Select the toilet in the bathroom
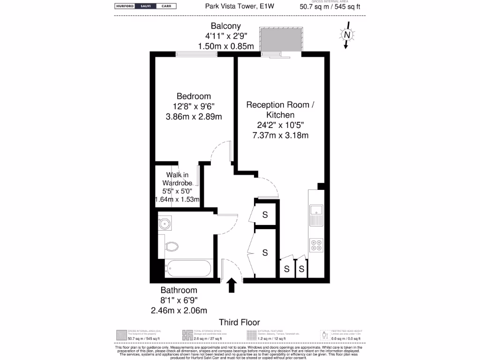(172, 246)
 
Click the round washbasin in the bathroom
(164, 224)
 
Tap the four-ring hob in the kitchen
(316, 245)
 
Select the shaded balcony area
(280, 39)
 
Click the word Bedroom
(194, 96)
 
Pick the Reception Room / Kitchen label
(280, 110)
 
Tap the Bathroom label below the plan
(179, 290)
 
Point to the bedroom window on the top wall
(196, 54)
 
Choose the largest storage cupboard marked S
(264, 253)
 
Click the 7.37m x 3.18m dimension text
(280, 136)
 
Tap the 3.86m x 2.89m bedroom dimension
(194, 117)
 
